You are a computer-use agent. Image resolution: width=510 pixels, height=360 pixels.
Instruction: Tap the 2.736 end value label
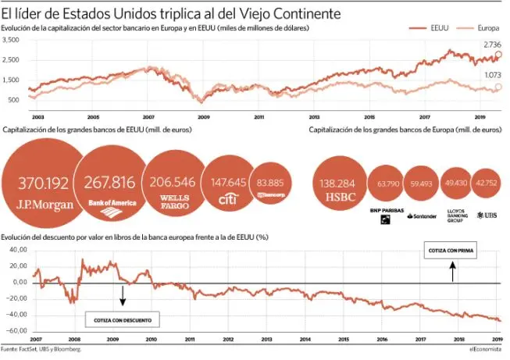click(491, 45)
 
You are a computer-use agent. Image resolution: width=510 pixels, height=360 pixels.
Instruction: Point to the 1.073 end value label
click(492, 75)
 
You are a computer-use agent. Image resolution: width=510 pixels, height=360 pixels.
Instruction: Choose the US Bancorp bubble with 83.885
click(270, 184)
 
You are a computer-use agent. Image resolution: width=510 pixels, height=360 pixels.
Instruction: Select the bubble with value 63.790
click(388, 185)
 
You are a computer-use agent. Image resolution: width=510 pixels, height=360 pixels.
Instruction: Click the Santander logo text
click(425, 215)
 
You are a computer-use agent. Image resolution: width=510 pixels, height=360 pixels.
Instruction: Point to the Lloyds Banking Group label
click(457, 216)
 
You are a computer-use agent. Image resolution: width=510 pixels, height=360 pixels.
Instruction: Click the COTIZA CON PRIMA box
click(451, 251)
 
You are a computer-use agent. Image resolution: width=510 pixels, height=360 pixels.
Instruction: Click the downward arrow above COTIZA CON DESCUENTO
click(122, 295)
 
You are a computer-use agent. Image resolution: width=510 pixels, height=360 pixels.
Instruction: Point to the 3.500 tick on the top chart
click(11, 60)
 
